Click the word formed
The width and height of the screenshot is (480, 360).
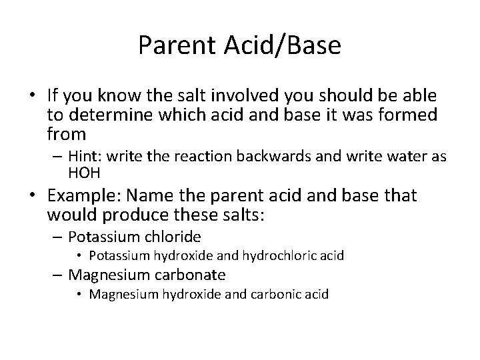pos(405,115)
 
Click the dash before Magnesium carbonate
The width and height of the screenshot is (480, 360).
pos(59,275)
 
